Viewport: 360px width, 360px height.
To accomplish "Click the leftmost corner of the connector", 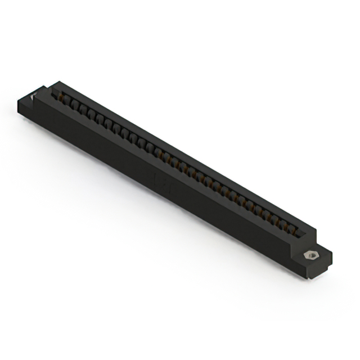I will pos(17,101).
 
